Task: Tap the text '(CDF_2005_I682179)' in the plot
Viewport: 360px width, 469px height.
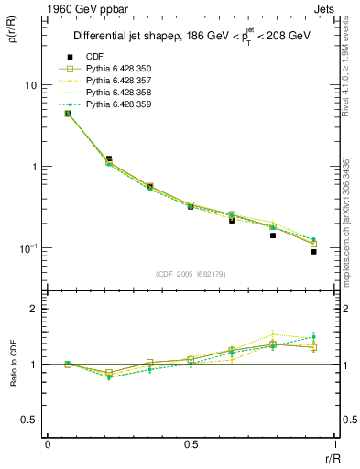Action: tap(191, 274)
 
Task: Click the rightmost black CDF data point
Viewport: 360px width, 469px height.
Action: tap(313, 251)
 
